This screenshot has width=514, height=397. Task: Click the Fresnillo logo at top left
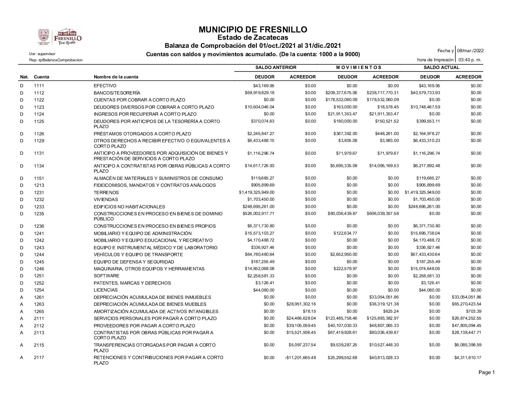click(x=60, y=37)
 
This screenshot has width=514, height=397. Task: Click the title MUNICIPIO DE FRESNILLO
click(x=253, y=30)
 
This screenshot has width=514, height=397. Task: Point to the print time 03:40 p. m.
click(x=470, y=59)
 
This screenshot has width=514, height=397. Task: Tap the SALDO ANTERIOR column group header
click(x=276, y=68)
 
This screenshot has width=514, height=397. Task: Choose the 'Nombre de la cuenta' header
click(x=116, y=77)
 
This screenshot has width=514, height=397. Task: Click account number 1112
click(x=39, y=93)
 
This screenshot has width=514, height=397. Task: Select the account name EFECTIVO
click(x=105, y=86)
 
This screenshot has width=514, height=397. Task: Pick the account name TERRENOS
click(x=106, y=192)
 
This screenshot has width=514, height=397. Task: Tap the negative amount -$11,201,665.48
click(x=300, y=358)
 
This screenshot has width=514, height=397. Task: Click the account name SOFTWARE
click(x=106, y=276)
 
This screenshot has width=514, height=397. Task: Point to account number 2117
click(x=39, y=358)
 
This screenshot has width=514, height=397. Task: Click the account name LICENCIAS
click(x=106, y=290)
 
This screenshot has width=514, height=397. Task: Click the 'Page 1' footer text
click(x=487, y=373)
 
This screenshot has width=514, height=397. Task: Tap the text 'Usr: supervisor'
click(x=42, y=54)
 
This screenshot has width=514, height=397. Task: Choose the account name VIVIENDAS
click(x=106, y=200)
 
